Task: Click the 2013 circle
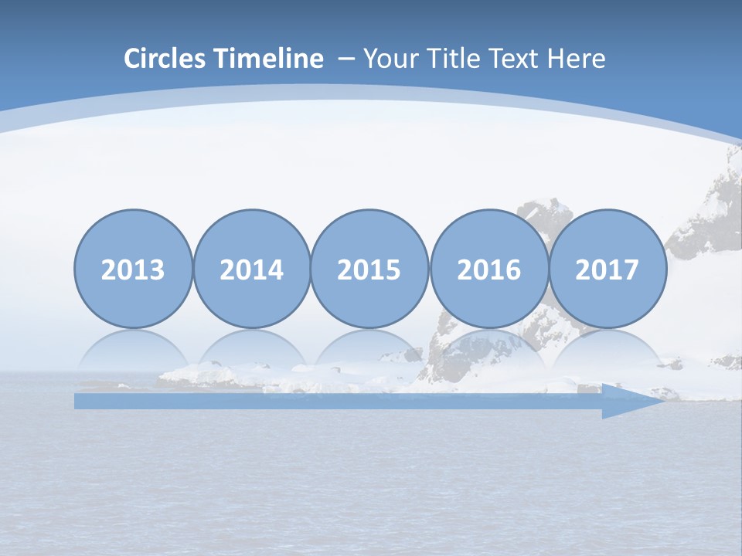pos(133,269)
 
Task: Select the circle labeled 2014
pos(251,269)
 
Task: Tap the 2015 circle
pos(369,269)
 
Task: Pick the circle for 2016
pos(488,269)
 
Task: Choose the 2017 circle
pos(607,269)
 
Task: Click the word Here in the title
pos(577,59)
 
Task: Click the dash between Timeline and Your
pos(345,59)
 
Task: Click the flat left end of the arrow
pos(77,401)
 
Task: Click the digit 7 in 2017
pos(631,270)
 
